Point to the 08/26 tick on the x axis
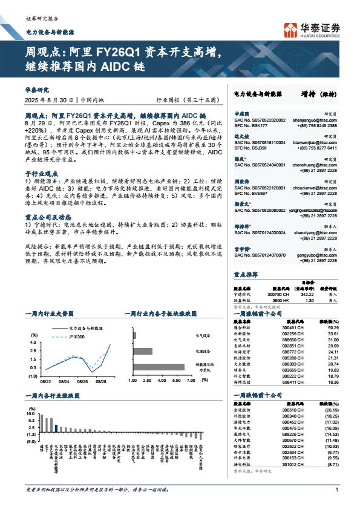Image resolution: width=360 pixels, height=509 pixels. (x=83, y=383)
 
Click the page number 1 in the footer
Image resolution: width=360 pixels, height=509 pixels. (x=336, y=490)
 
